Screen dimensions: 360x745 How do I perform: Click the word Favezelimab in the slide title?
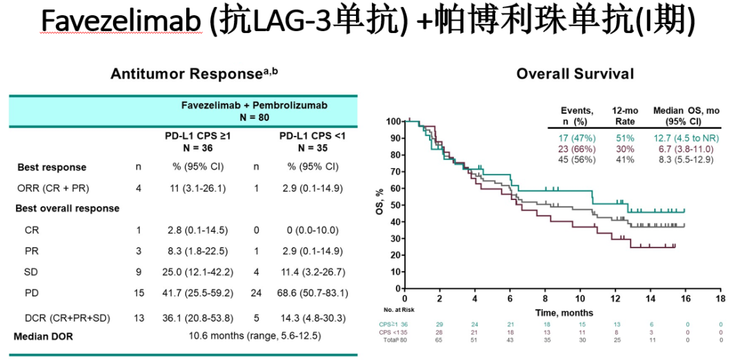[121, 23]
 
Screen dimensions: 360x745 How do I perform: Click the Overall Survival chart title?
[575, 73]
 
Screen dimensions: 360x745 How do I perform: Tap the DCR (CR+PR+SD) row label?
[63, 317]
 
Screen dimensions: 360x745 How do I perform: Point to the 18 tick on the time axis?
[720, 299]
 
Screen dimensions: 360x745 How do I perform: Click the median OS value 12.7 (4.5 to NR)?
[684, 137]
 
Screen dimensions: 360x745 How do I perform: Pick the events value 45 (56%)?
[570, 159]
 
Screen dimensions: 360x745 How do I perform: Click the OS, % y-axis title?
[379, 205]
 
